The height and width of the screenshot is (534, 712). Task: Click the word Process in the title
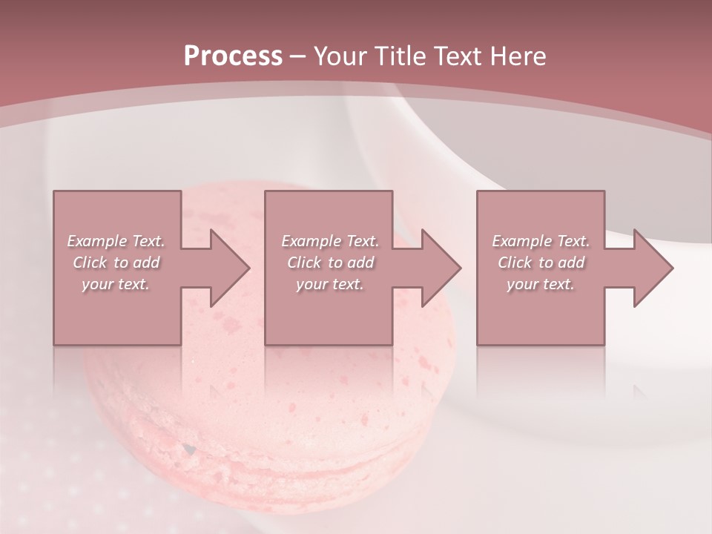(x=233, y=56)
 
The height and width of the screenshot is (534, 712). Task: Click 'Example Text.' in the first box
(x=116, y=241)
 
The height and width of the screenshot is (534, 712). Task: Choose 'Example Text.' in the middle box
(x=330, y=241)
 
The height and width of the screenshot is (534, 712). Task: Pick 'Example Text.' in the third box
(x=541, y=241)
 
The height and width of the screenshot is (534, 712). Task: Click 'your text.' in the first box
(x=116, y=284)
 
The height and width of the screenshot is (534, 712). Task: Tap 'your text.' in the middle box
(x=330, y=284)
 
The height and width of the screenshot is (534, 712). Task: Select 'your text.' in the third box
(x=541, y=284)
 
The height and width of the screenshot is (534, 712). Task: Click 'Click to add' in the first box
(x=116, y=263)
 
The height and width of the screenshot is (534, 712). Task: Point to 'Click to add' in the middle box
(x=330, y=263)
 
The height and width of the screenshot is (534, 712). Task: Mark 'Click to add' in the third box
(x=541, y=263)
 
